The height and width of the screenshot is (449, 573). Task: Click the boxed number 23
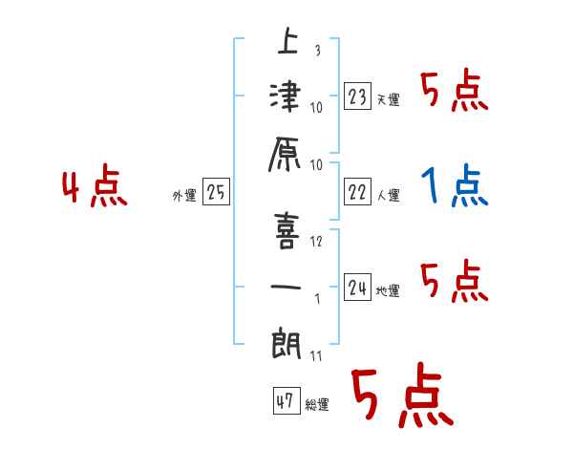tap(358, 96)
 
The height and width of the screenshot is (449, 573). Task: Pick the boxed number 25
tap(216, 193)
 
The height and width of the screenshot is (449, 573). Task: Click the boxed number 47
tap(284, 401)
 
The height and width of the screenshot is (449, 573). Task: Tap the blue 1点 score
tap(455, 187)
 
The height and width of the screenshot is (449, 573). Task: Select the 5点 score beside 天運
tap(455, 92)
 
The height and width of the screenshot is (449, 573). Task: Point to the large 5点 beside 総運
tap(400, 397)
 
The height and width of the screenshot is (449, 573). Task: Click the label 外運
tap(184, 196)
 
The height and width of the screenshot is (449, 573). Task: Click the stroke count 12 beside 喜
tap(316, 240)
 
